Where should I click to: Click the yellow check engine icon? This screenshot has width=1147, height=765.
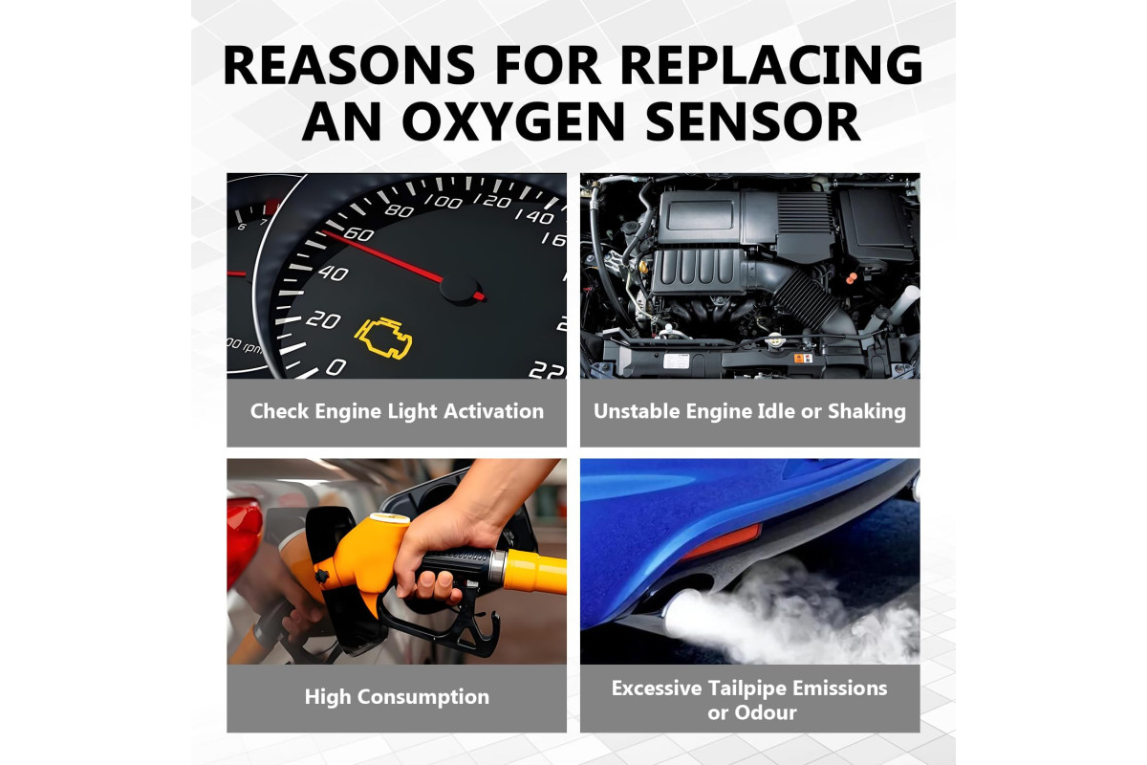[383, 339]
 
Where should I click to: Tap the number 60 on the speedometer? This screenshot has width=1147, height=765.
[358, 234]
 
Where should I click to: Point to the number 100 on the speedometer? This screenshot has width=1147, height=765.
[444, 202]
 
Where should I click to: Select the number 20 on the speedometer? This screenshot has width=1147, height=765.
[323, 320]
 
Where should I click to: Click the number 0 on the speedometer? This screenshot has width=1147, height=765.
[335, 366]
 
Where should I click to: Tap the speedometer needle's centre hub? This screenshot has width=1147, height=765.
[460, 290]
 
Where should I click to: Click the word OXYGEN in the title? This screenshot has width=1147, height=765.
[513, 121]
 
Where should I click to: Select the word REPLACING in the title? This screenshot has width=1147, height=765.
[771, 65]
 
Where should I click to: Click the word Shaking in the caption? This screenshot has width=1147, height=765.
[867, 411]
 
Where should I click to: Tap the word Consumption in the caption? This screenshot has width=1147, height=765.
[422, 697]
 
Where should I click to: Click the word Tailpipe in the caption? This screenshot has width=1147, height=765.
[747, 689]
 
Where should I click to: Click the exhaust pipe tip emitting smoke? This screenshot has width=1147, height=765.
[679, 612]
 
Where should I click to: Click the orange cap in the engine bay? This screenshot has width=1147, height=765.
[851, 278]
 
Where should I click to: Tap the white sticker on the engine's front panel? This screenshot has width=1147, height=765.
[677, 361]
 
